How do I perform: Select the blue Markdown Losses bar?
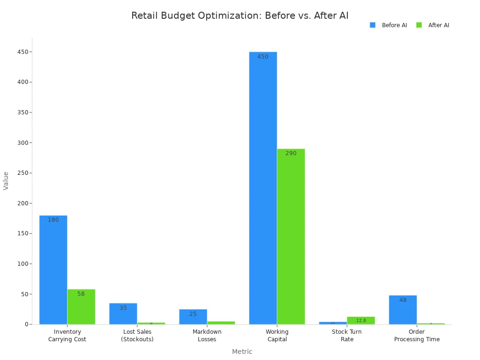tap(193, 318)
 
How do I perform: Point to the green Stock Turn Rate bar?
tap(361, 321)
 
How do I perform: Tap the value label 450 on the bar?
tap(263, 57)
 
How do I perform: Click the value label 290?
tap(291, 153)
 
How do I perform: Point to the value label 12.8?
tap(361, 321)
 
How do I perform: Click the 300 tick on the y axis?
tap(23, 142)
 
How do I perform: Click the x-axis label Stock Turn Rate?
tap(347, 335)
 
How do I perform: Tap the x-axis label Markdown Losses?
tap(207, 335)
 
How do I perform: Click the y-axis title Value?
tap(6, 180)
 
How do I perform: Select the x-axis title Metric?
tap(242, 352)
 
